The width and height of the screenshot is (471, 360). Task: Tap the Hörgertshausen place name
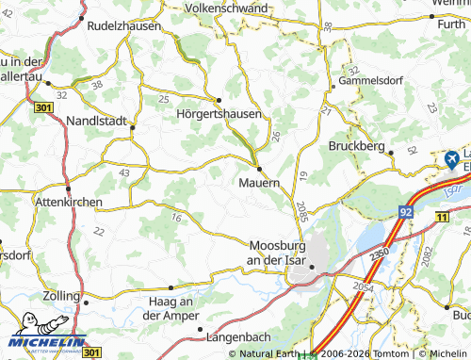(218, 112)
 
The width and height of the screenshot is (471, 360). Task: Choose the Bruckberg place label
(358, 147)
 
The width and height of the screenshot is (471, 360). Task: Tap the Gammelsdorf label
(372, 82)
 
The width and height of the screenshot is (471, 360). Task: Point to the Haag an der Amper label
(170, 307)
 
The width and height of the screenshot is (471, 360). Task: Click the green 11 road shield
(442, 218)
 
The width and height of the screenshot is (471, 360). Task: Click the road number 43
(124, 172)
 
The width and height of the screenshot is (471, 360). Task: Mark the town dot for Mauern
(258, 169)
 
